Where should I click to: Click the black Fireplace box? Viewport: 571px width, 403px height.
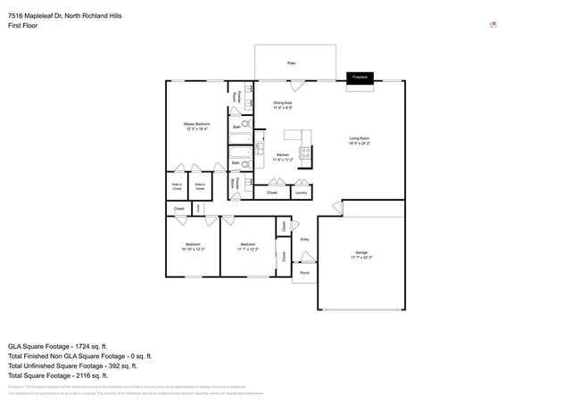(x=360, y=78)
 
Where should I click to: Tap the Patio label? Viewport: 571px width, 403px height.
(x=292, y=63)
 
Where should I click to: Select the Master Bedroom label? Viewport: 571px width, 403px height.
(x=196, y=126)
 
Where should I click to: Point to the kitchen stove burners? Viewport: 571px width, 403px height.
(x=305, y=152)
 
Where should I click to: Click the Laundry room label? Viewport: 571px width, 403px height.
(x=302, y=192)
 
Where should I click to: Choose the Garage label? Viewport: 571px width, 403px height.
(x=361, y=255)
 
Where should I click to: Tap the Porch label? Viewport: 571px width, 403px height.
(x=304, y=272)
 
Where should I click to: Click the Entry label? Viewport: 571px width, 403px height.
(x=304, y=239)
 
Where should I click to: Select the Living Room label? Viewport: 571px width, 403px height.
(x=360, y=140)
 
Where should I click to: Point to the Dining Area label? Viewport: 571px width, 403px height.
(x=283, y=105)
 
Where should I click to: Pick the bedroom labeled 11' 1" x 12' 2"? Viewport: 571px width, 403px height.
(x=246, y=247)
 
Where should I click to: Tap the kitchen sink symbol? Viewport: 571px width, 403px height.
(x=260, y=146)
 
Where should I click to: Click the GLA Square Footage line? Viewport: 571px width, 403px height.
(x=57, y=345)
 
